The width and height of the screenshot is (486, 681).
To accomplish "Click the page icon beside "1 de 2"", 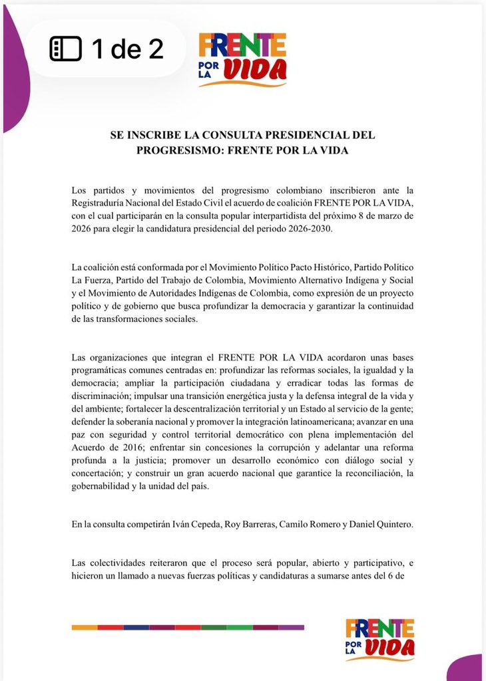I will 65,49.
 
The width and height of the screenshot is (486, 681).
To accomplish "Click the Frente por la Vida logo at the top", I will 242,60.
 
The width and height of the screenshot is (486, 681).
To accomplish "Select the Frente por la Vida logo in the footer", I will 379,639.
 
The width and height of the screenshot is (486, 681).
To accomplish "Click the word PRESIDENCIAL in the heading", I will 298,135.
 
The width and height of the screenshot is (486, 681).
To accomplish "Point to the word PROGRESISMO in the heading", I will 178,150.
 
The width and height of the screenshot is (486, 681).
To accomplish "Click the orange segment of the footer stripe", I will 84,627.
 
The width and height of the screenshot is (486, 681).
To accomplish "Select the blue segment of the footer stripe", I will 136,627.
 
